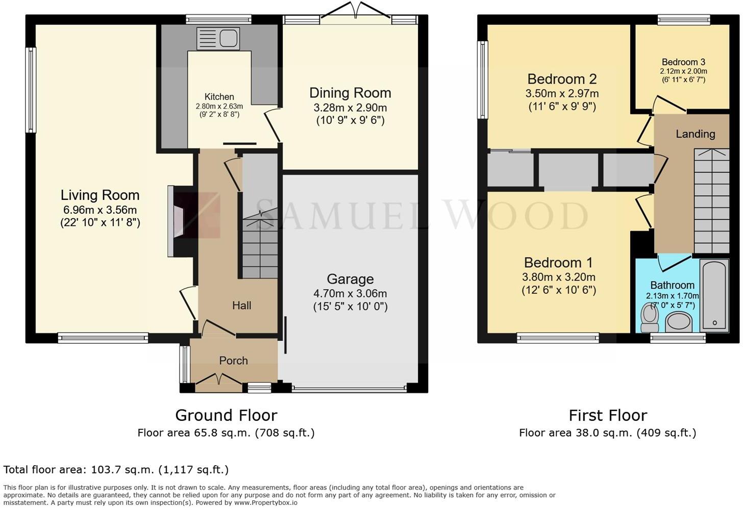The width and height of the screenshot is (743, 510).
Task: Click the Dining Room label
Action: (x=350, y=93)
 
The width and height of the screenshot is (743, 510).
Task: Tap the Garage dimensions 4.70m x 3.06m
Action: (x=350, y=294)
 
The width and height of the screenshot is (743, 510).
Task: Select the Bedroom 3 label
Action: (x=683, y=62)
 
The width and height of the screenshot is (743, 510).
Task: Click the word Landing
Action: (x=695, y=134)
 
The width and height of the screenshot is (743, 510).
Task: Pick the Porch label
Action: (x=233, y=361)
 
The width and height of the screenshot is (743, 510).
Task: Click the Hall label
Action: (x=241, y=305)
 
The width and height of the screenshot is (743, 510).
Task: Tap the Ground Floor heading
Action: (x=226, y=415)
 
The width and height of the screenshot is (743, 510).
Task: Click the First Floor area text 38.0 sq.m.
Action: (x=607, y=433)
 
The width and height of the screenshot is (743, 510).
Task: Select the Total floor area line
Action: (x=116, y=470)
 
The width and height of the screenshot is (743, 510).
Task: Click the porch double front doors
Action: (x=219, y=380)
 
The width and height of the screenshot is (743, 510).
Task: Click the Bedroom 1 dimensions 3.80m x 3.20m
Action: (x=558, y=277)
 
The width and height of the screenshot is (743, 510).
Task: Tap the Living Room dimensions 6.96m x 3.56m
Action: (x=100, y=210)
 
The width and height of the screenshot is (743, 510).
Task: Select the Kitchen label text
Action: (x=219, y=97)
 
